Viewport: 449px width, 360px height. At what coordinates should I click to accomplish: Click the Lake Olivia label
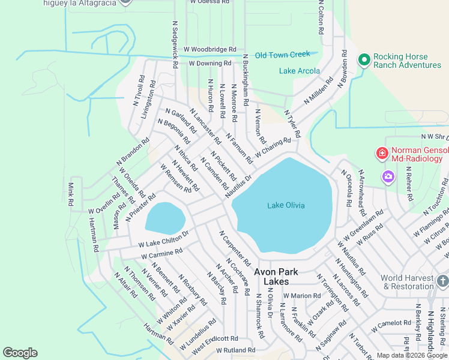(x=286, y=206)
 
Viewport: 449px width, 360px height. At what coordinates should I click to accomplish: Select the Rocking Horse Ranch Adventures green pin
(x=363, y=60)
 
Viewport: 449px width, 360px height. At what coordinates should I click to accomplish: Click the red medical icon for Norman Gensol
(x=382, y=154)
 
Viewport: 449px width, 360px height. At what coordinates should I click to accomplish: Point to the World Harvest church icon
(x=442, y=281)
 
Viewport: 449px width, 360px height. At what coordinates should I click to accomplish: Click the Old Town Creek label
(x=282, y=55)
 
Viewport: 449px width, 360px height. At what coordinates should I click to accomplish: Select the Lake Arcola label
(x=300, y=71)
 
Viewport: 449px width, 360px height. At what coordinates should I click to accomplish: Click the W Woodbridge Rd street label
(x=210, y=49)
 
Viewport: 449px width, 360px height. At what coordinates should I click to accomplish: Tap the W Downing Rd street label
(x=210, y=63)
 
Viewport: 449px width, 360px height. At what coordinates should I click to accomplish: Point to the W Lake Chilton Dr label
(x=164, y=238)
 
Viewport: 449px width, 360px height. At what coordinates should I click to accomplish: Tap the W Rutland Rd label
(x=236, y=350)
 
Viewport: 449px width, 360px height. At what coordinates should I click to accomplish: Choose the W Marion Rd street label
(x=302, y=295)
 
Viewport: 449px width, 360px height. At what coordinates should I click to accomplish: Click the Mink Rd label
(x=71, y=194)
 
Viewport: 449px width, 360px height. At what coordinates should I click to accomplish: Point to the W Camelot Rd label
(x=391, y=326)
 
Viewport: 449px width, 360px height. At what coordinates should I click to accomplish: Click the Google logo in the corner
(x=20, y=352)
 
